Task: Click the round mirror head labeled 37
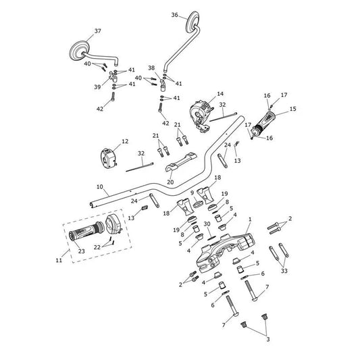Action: click(79, 51)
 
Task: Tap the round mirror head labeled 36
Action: click(192, 21)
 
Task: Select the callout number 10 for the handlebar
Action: click(100, 187)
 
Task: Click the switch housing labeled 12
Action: click(108, 158)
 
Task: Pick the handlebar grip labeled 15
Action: click(263, 123)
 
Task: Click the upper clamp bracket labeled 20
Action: click(181, 161)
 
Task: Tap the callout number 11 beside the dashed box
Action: click(59, 260)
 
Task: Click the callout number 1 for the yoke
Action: click(250, 220)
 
